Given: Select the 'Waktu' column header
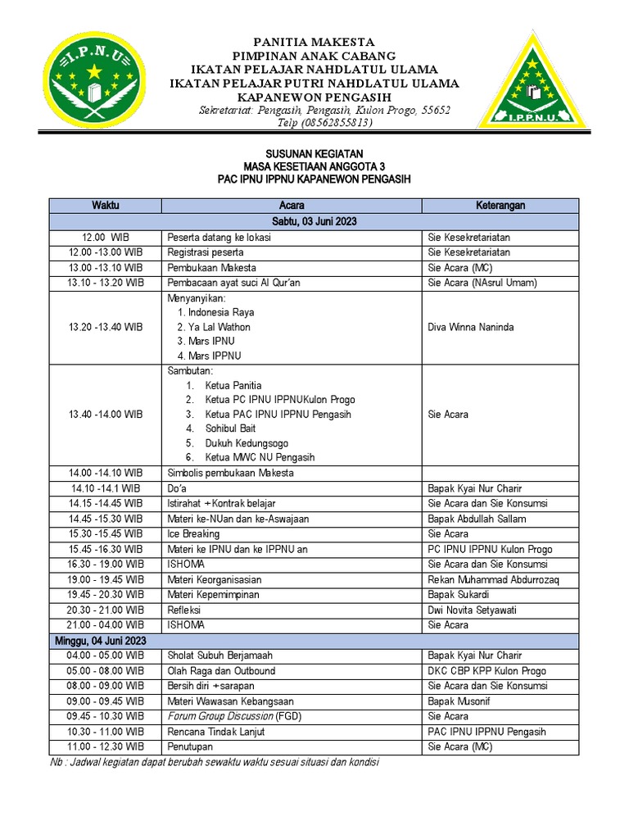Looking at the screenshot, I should (106, 206).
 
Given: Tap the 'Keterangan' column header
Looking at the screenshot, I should (500, 206).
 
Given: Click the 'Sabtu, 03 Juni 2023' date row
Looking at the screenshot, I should (314, 221).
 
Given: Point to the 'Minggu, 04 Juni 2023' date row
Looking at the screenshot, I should (101, 640).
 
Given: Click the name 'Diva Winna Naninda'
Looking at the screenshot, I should (471, 327).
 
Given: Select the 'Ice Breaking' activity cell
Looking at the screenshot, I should (194, 533).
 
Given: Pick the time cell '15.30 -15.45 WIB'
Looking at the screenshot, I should (106, 533).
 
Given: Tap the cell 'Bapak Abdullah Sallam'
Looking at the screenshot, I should (477, 519).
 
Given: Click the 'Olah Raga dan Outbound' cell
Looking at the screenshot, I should (221, 670).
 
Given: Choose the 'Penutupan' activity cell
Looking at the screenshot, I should (191, 746).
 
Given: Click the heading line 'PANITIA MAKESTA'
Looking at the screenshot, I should (314, 42).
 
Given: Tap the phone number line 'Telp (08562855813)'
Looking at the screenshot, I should (325, 123).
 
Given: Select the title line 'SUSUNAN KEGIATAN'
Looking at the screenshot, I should (314, 154).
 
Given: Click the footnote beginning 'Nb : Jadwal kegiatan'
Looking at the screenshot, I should (215, 762).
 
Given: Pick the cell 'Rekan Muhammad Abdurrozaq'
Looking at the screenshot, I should (493, 579).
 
